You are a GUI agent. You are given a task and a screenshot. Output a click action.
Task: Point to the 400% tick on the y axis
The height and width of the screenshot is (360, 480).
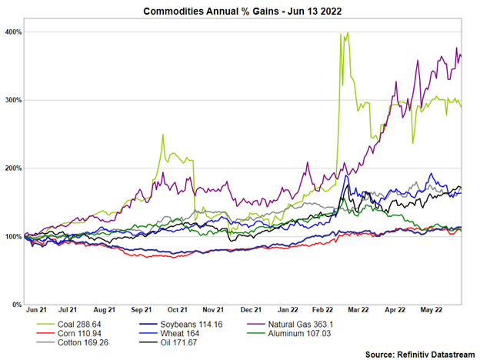pyautogui.click(x=12, y=32)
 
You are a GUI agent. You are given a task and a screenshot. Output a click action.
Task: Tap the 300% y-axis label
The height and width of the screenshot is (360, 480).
pyautogui.click(x=12, y=101)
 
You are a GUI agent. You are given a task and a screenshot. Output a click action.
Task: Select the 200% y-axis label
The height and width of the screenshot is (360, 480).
pyautogui.click(x=12, y=168)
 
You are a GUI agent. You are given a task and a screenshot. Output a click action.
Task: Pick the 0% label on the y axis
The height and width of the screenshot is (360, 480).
pyautogui.click(x=15, y=305)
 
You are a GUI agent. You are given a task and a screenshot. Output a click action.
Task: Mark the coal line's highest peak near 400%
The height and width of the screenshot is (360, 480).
pyautogui.click(x=348, y=33)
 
